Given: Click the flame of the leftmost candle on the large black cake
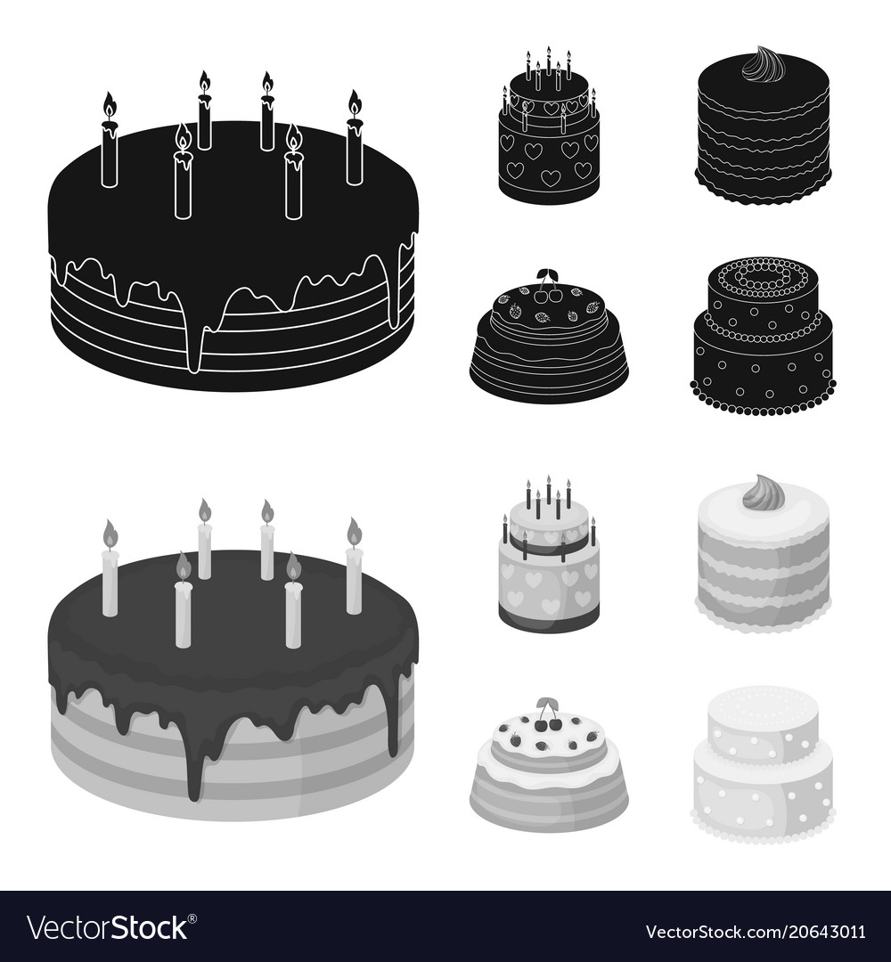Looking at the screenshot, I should tap(110, 105).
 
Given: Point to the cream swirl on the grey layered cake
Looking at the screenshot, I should tap(763, 493).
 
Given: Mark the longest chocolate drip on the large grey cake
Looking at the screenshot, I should tap(194, 766).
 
